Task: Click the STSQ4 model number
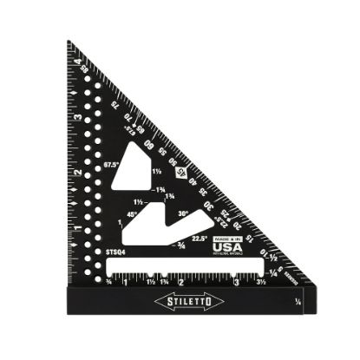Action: pos(115,252)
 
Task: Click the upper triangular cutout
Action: pos(141,165)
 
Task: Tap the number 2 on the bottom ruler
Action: pos(180,282)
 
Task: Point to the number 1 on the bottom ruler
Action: pos(127,282)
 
